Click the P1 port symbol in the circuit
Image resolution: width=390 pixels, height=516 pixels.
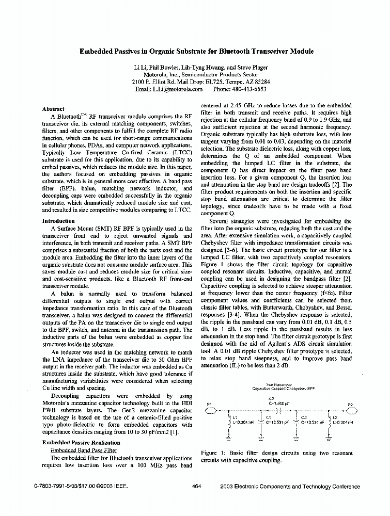pos(211,411)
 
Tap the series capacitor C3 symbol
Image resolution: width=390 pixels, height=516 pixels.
pos(279,411)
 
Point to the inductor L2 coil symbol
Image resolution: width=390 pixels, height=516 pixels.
pos(329,424)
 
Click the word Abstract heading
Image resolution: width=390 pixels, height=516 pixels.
pos(53,109)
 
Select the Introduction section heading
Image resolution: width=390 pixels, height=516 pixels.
pos(58,221)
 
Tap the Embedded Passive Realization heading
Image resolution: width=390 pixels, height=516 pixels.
pos(81,442)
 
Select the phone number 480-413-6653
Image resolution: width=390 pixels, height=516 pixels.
pos(247,89)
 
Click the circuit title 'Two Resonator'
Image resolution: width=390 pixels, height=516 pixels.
pos(276,384)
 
